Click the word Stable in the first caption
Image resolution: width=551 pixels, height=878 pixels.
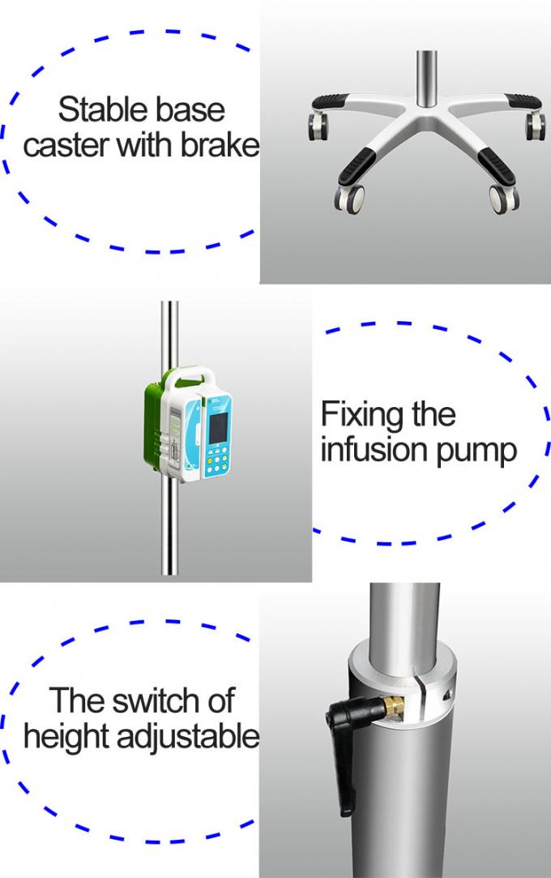coord(91,109)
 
